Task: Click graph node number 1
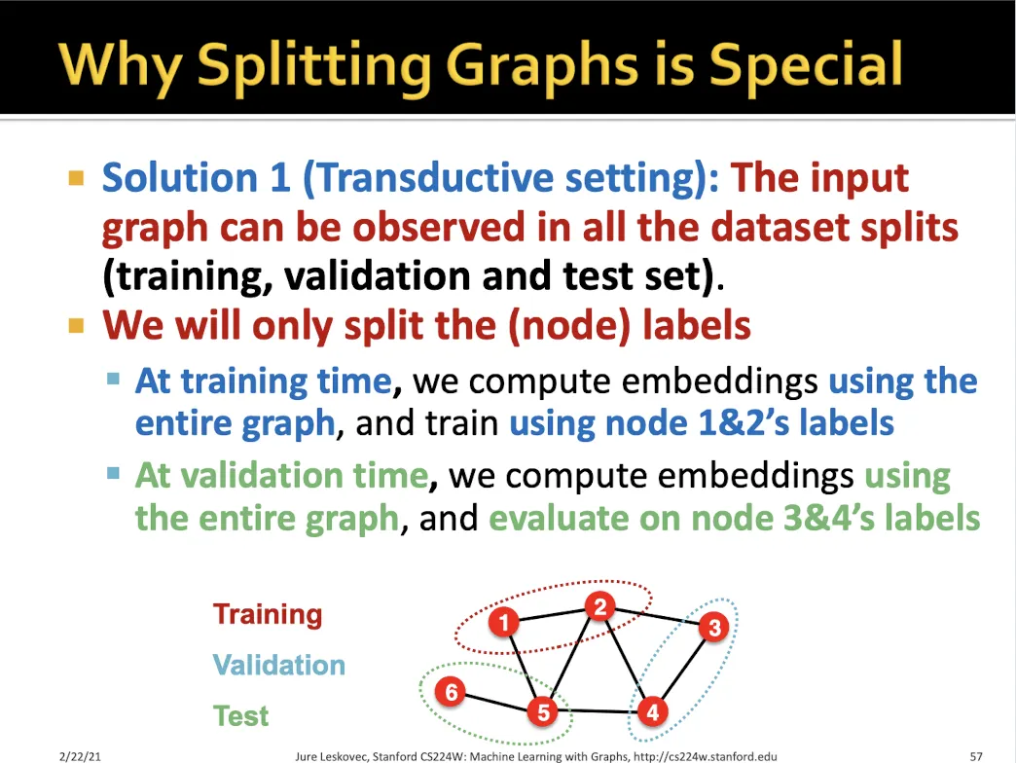(x=503, y=623)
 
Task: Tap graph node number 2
(x=600, y=607)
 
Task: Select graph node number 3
(x=714, y=627)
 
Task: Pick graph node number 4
(x=652, y=711)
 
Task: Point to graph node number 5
(x=543, y=711)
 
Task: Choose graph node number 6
(x=451, y=692)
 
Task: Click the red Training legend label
(x=268, y=615)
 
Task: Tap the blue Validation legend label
(x=279, y=666)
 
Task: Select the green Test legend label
(x=240, y=715)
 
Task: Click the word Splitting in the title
(x=314, y=66)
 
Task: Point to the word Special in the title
(x=806, y=66)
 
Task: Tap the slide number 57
(x=976, y=756)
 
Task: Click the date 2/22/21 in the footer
(x=80, y=756)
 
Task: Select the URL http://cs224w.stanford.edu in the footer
(x=705, y=756)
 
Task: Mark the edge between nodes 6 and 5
(x=497, y=702)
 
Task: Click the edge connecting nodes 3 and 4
(x=683, y=670)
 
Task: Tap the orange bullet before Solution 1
(x=77, y=177)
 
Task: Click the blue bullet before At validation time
(x=114, y=474)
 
